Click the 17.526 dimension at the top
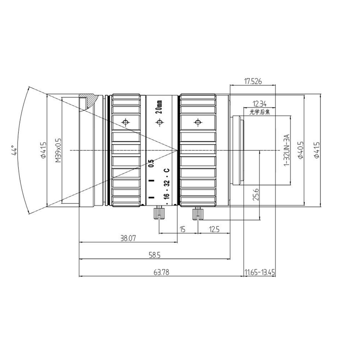(x=253, y=81)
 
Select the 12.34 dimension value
(x=260, y=104)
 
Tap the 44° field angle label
(x=14, y=150)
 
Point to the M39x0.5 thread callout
(x=58, y=150)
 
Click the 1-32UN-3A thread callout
(x=287, y=150)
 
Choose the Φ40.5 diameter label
(x=301, y=150)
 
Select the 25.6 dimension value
(x=256, y=194)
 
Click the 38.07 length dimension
(x=128, y=238)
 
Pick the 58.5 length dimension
(x=154, y=255)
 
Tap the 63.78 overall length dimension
(x=162, y=272)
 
